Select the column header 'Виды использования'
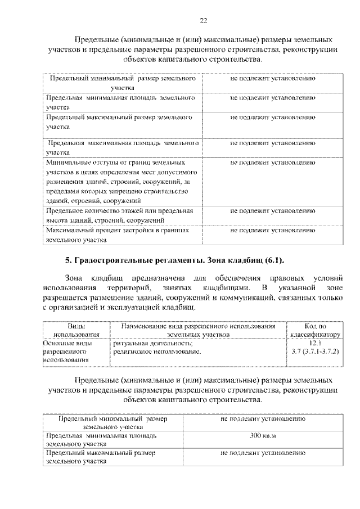click(73, 330)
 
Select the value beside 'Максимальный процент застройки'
click(272, 230)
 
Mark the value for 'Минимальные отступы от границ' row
click(272, 163)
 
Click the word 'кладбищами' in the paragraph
click(223, 287)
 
